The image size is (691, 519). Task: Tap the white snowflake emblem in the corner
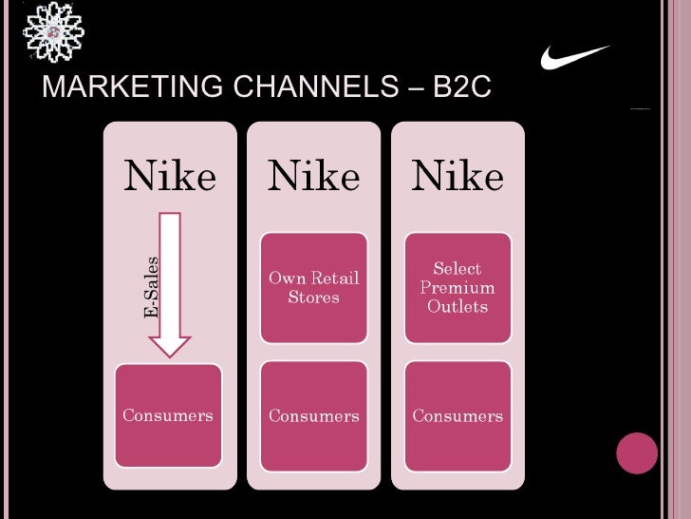53,32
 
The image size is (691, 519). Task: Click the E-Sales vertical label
151,287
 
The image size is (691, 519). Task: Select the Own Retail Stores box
313,287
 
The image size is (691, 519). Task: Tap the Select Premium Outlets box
458,287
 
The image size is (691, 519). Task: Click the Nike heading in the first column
171,176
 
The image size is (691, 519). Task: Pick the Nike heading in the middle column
313,176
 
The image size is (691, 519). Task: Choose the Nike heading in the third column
458,176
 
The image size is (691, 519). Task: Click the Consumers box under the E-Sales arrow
168,415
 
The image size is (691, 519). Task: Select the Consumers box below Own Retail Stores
313,415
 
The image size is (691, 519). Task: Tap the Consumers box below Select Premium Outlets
458,415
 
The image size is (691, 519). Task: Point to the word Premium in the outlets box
458,287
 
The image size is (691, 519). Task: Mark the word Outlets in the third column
458,306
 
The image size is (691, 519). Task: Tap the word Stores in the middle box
313,297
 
